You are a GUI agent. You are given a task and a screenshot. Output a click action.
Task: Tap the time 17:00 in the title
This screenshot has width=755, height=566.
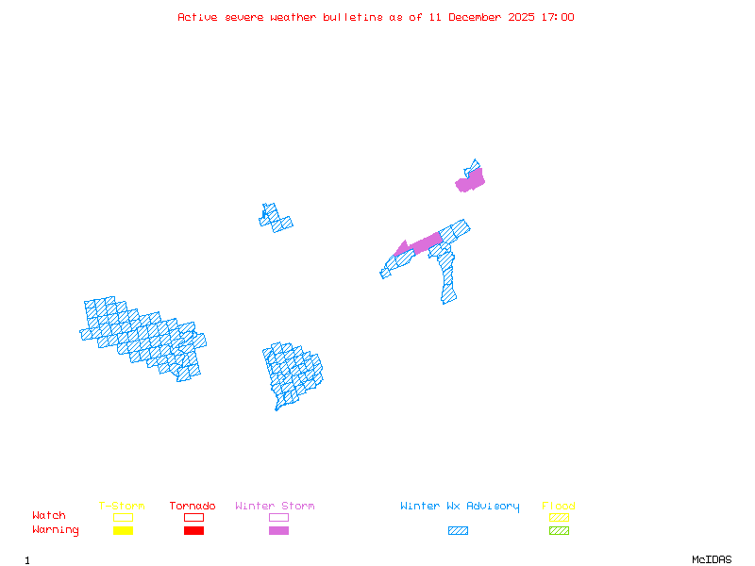coord(558,17)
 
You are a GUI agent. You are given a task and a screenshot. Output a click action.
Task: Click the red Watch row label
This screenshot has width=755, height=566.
coord(49,516)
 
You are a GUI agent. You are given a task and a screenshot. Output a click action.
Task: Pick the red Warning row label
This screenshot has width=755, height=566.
coord(56,530)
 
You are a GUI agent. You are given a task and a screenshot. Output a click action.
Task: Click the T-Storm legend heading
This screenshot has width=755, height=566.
coord(122,507)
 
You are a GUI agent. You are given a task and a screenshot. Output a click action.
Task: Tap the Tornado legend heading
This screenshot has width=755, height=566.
coord(193,507)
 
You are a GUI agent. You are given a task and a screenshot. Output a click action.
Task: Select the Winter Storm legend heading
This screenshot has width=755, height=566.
coord(275,507)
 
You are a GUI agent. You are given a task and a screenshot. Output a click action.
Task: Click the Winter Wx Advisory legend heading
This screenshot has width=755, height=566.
coord(460,507)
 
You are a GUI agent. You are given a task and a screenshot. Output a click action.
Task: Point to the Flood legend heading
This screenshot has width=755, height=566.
coord(559,507)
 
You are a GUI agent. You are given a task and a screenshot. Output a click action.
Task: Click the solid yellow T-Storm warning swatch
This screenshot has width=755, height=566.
coord(123,531)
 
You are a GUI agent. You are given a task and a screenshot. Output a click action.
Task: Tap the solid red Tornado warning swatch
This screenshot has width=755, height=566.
coord(193,531)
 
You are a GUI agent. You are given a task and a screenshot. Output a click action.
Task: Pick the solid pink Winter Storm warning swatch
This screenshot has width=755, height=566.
coord(278,531)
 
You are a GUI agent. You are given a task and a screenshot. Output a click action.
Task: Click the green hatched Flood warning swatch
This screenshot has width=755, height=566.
coord(559,531)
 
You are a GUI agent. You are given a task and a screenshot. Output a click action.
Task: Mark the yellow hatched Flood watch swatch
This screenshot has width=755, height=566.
coord(559,517)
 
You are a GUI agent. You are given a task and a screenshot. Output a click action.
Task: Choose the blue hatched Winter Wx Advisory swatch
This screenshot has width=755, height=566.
coord(458,531)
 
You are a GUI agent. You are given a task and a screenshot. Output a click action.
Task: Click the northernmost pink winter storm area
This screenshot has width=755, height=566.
coord(470,181)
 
